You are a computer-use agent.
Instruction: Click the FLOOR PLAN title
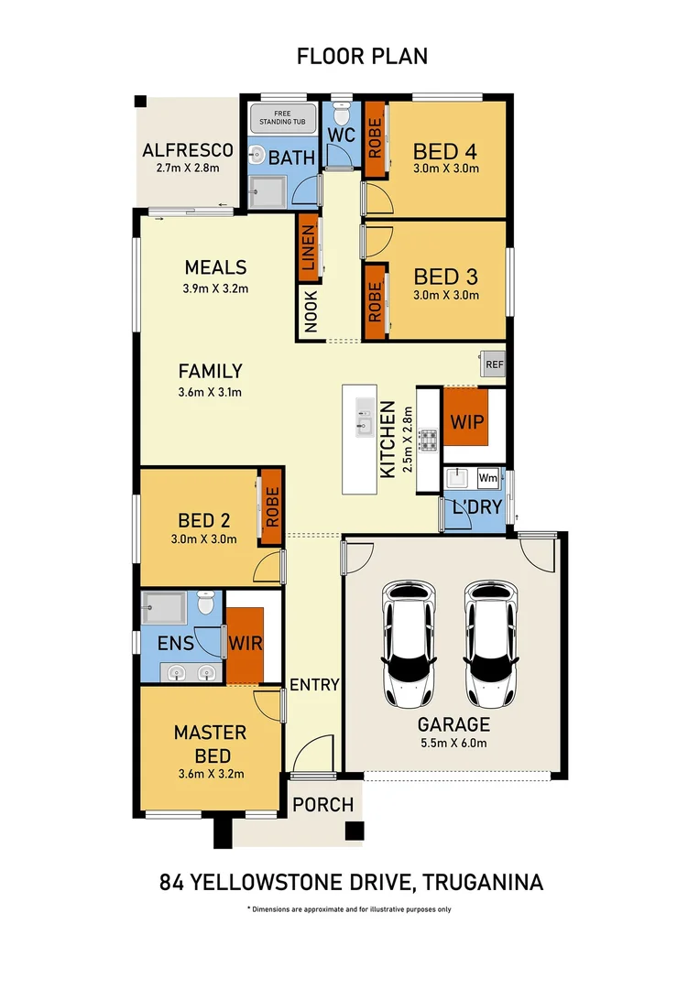coord(362,56)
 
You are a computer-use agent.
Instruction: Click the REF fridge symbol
coord(495,364)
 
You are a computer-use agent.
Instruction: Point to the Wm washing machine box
coord(487,478)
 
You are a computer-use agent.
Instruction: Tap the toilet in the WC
coord(341,115)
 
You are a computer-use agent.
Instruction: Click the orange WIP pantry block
coord(465,424)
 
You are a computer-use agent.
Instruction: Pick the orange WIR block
coord(246,643)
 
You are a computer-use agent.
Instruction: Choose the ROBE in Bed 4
coord(374,139)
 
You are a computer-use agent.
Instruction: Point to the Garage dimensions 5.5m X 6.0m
coord(454,743)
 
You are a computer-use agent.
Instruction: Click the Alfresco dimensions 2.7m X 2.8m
coord(188,168)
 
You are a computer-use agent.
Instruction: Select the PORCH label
coord(323,805)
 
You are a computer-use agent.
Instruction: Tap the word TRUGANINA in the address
coord(483,883)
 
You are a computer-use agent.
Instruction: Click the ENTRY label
coord(314,684)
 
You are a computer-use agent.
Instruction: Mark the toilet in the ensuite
coord(206,604)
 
